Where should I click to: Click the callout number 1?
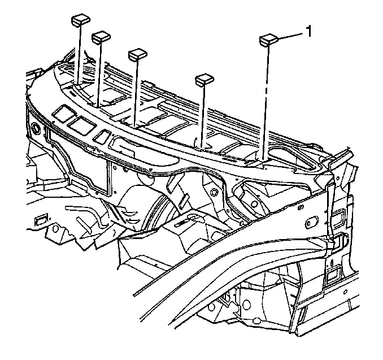pos(309,32)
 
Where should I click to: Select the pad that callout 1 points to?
pos(268,40)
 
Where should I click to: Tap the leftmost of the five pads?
pos(81,20)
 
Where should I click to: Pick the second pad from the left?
pos(101,37)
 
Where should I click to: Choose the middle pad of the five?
pos(137,54)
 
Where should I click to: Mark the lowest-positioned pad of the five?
pos(204,79)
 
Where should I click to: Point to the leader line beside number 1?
pos(291,36)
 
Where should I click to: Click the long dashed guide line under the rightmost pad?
pos(266,103)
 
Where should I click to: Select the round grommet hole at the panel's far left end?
pos(36,128)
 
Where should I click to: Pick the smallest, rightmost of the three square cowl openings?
pos(102,136)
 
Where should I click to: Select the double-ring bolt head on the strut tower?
pos(214,192)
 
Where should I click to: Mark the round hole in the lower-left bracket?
pos(56,229)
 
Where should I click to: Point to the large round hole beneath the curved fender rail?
pos(245,304)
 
